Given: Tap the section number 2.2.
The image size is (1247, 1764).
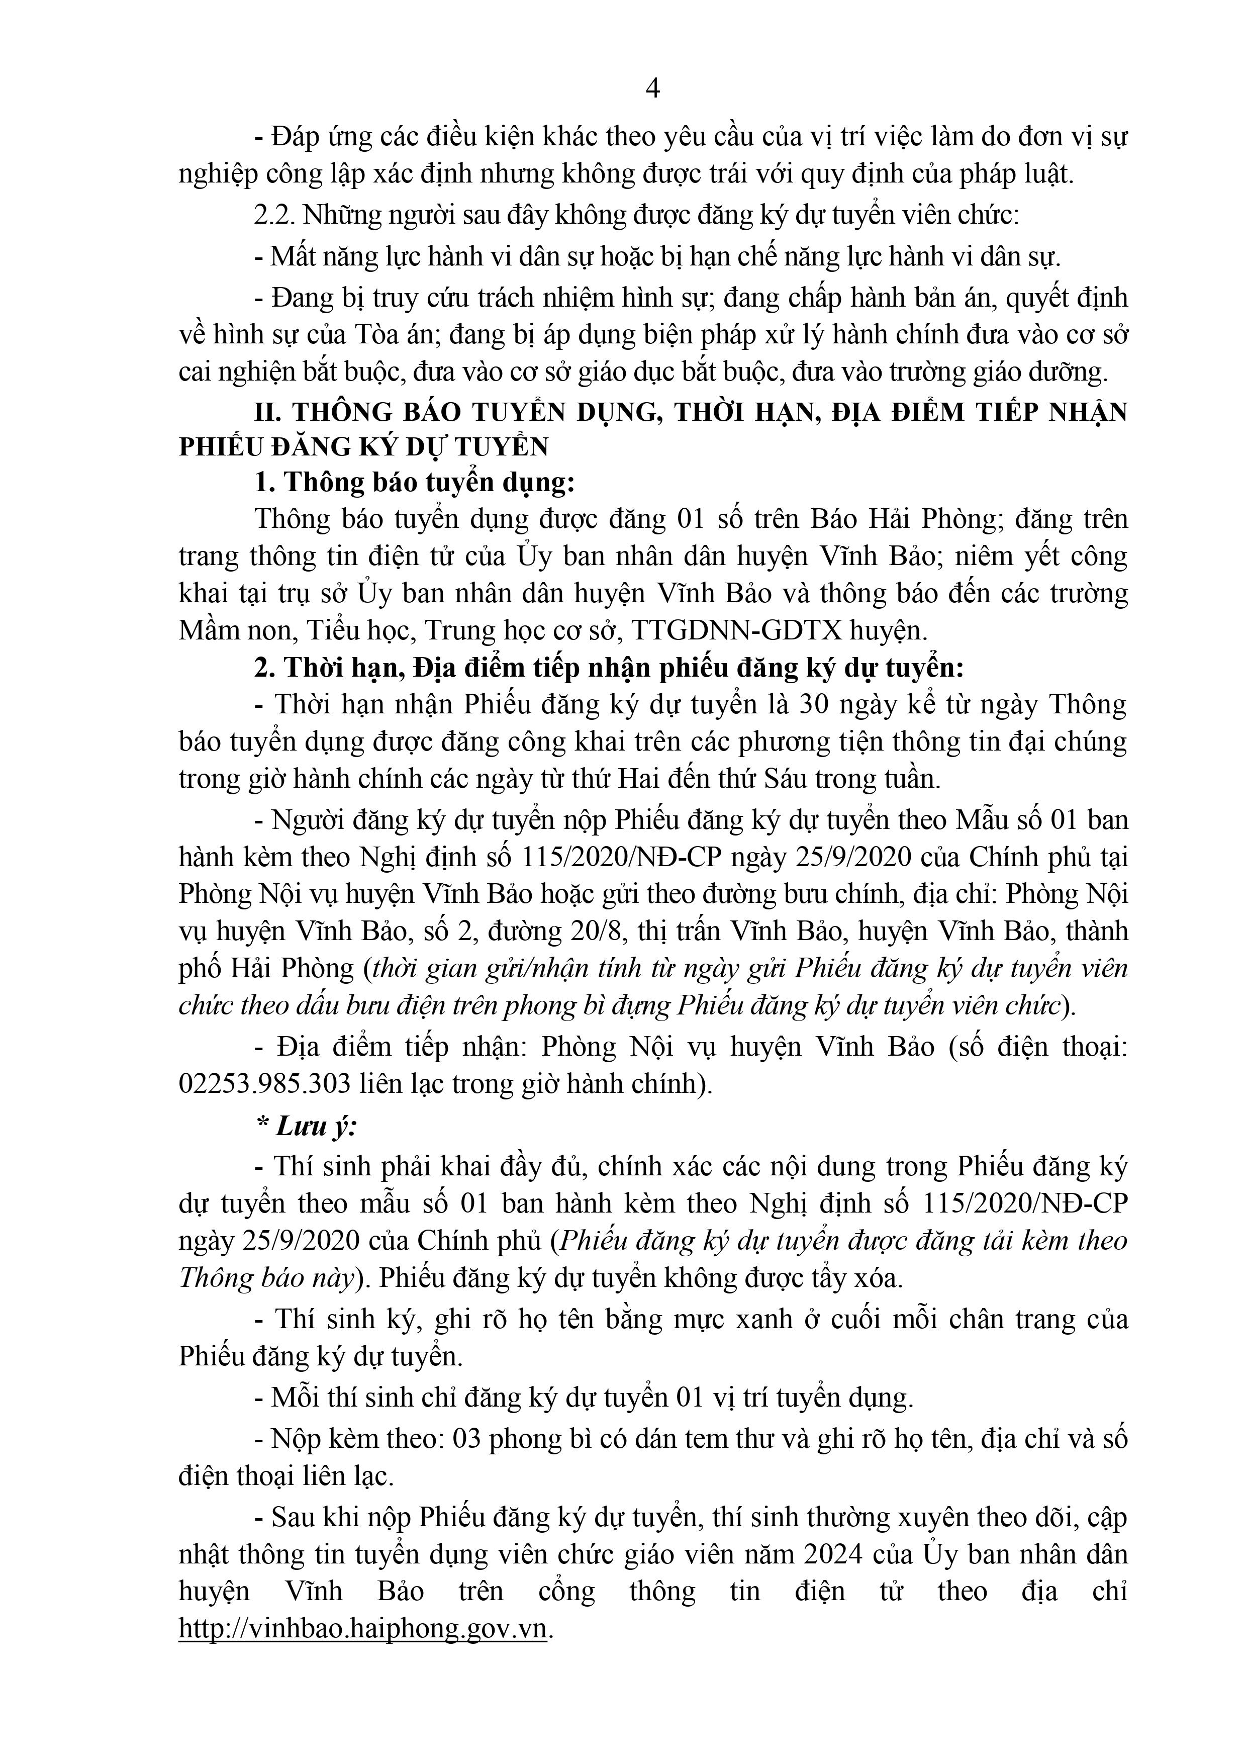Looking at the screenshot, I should (274, 215).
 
